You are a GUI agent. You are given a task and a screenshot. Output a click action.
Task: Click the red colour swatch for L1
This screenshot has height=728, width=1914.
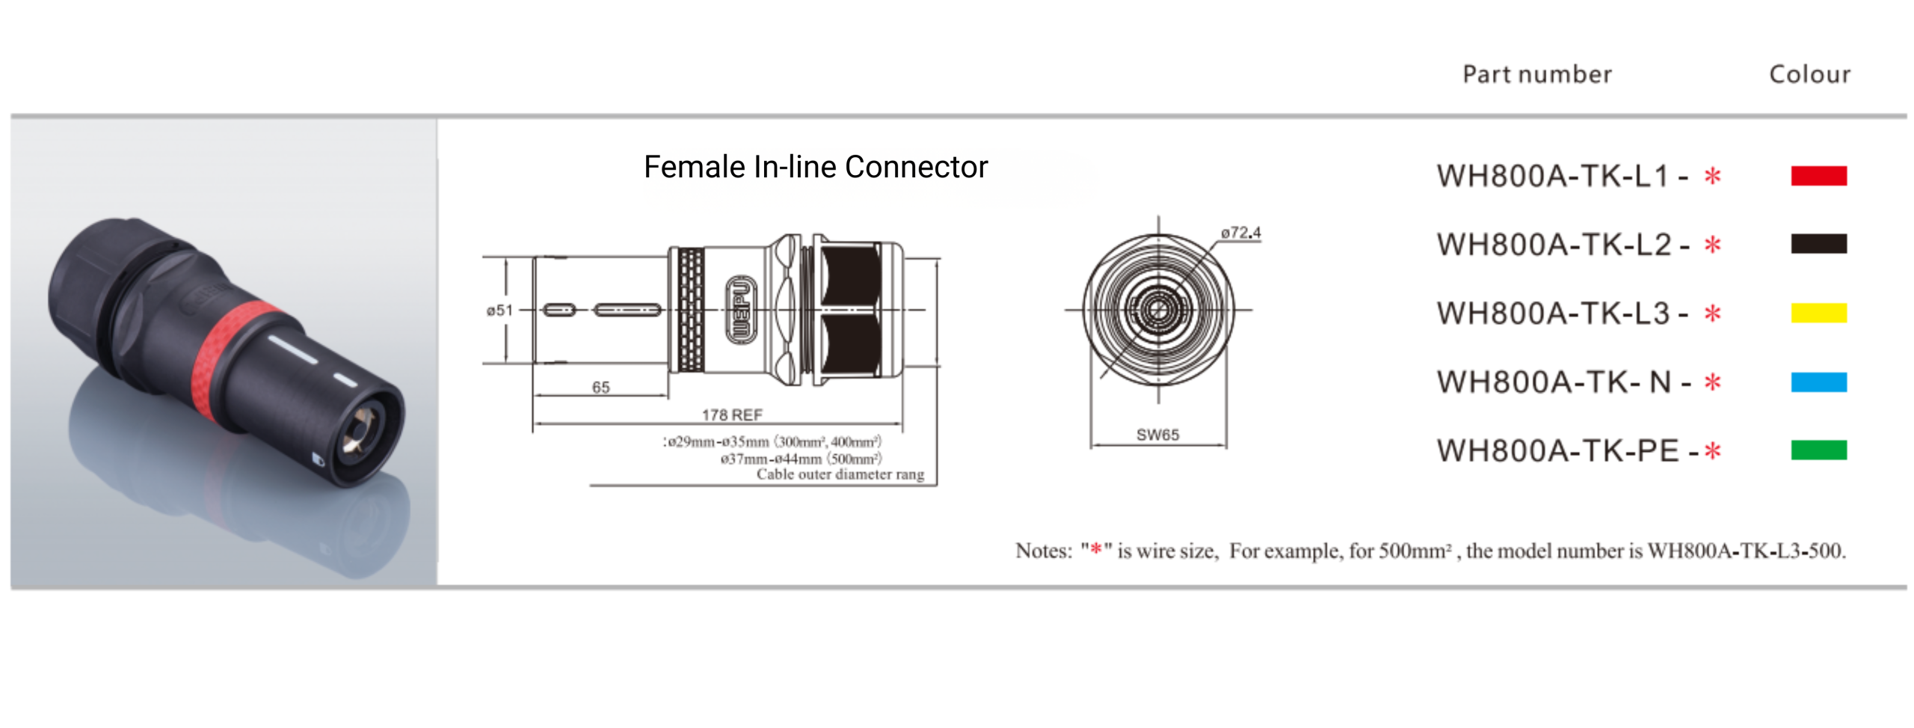(x=1818, y=177)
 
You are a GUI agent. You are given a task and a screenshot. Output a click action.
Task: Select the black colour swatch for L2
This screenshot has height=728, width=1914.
(x=1818, y=244)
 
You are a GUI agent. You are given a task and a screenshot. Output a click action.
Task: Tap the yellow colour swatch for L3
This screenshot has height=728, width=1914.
(x=1818, y=313)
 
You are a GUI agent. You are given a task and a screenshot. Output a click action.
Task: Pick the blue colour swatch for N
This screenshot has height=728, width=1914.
(x=1818, y=382)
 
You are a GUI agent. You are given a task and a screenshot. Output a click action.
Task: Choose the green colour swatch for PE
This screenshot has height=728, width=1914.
(x=1818, y=450)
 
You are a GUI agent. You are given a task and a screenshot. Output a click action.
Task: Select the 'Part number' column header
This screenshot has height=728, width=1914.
(x=1536, y=74)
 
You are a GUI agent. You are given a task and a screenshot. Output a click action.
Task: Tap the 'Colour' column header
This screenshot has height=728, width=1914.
(x=1809, y=74)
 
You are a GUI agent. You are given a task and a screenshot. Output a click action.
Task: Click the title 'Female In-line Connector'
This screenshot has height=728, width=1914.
(x=815, y=167)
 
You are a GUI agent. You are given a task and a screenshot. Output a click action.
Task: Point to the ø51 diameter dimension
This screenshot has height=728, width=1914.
(x=499, y=311)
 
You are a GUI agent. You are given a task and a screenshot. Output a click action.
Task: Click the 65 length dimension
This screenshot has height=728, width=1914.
(x=600, y=387)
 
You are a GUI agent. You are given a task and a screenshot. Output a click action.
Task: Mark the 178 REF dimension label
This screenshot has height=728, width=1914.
(x=731, y=415)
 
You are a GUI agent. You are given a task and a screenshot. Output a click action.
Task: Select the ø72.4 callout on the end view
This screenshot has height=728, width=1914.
(x=1240, y=233)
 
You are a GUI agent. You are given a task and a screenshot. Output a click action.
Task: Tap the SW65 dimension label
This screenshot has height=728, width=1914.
(x=1157, y=435)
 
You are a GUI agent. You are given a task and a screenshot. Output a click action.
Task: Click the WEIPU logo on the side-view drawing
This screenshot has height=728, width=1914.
(x=740, y=310)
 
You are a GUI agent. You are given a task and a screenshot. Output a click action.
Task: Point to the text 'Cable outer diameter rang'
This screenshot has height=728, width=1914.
(x=840, y=474)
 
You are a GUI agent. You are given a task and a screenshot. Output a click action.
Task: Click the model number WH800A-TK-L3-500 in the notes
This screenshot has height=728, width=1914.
(x=1746, y=551)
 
